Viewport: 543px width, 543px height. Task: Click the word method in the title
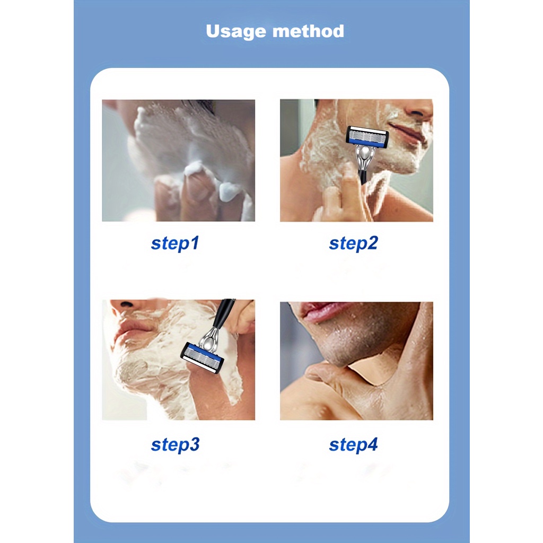point(308,31)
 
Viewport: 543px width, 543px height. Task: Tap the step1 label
point(175,243)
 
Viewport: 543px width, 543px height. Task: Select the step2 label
point(353,243)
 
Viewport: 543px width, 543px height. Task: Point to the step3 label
point(175,445)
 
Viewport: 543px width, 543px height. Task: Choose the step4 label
point(353,445)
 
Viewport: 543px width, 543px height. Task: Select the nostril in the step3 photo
point(125,305)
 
